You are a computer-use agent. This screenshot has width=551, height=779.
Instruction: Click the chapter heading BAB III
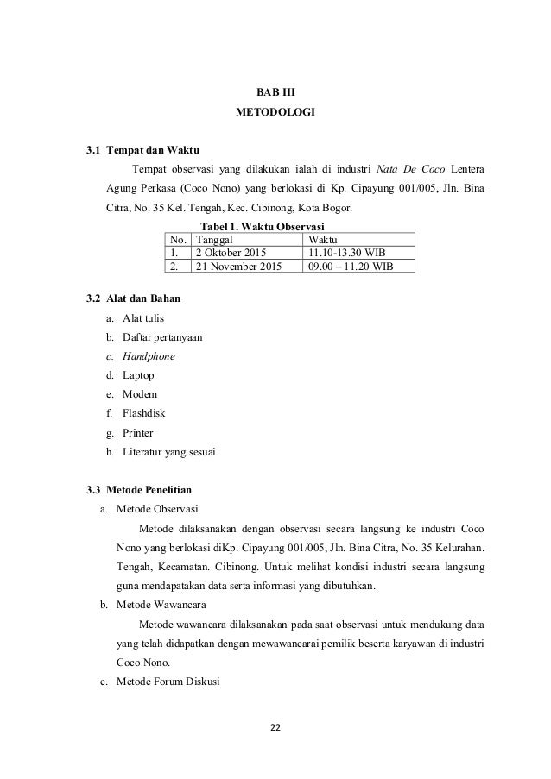275,91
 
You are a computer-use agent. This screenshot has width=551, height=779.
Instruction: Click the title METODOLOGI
275,113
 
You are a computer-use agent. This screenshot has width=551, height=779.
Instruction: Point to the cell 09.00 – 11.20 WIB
351,267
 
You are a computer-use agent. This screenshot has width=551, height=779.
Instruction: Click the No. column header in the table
179,238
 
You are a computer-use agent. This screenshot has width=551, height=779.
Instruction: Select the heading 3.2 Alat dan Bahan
133,298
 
